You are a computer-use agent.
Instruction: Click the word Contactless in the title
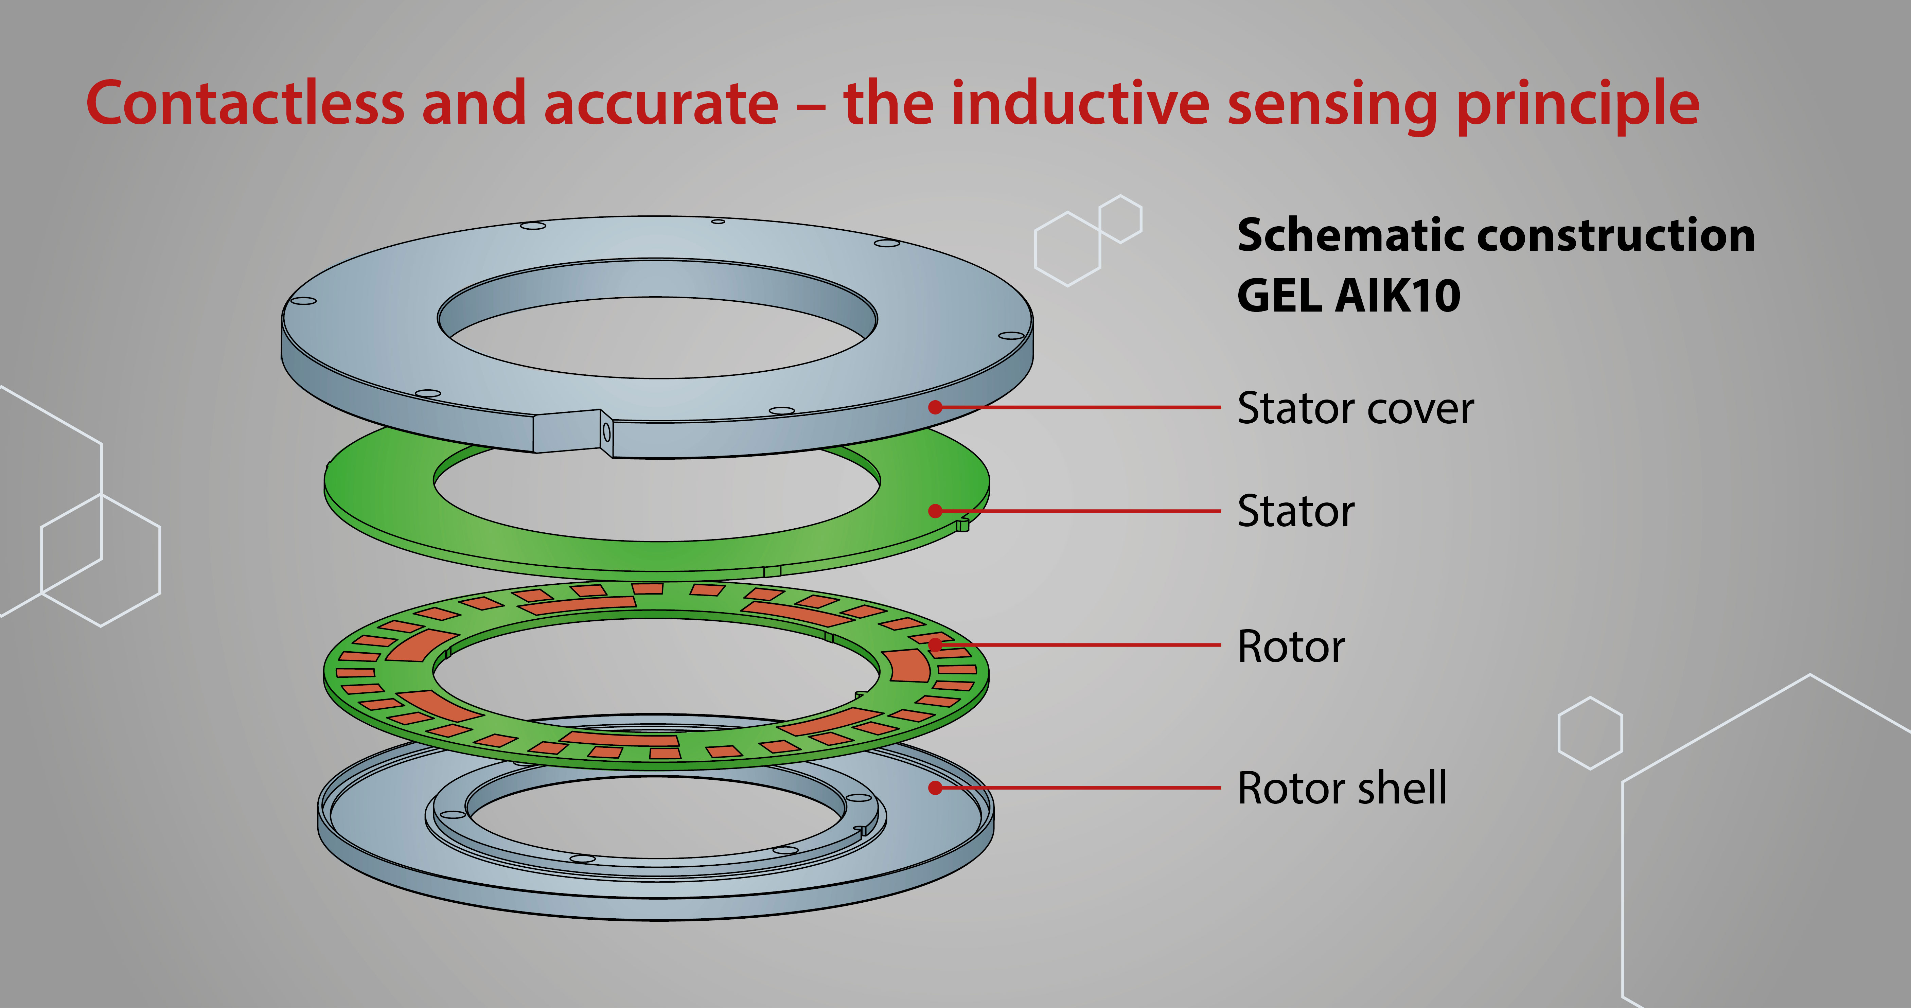(x=245, y=104)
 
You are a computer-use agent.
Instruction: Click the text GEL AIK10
(x=1349, y=296)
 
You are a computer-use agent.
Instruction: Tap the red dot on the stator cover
(x=936, y=407)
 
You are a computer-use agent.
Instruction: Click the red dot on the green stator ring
(x=936, y=511)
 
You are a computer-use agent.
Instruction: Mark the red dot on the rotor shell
(x=936, y=788)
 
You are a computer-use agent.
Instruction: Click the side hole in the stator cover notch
(x=606, y=431)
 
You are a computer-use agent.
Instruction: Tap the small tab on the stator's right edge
(x=962, y=525)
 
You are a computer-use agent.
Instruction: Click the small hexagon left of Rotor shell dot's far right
(x=1590, y=733)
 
